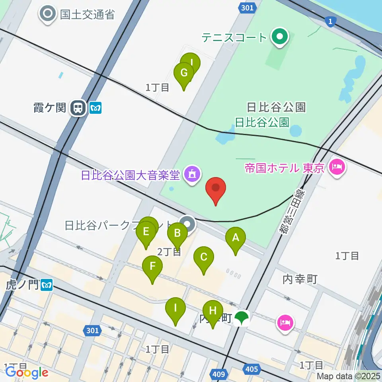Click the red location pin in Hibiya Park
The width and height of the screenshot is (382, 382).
[216, 190]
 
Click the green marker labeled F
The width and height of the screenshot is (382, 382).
[152, 268]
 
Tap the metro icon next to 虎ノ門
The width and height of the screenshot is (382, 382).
[47, 285]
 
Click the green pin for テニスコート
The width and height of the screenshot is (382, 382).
[280, 37]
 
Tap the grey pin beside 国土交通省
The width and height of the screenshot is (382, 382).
[49, 14]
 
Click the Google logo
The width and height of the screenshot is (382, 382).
[26, 372]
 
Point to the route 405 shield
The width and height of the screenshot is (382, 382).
[251, 370]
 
